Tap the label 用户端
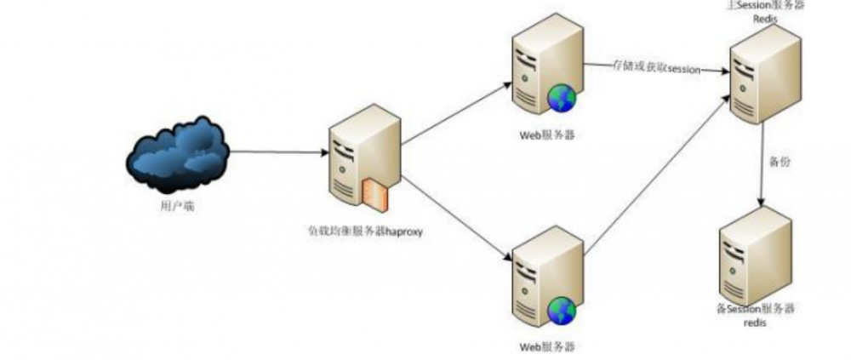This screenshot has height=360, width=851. click(177, 206)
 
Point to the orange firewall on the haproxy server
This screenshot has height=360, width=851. click(375, 194)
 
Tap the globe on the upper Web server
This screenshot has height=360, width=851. click(562, 98)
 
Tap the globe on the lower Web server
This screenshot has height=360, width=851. click(562, 310)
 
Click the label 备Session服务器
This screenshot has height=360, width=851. click(756, 311)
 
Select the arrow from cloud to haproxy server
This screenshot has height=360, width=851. click(277, 153)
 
